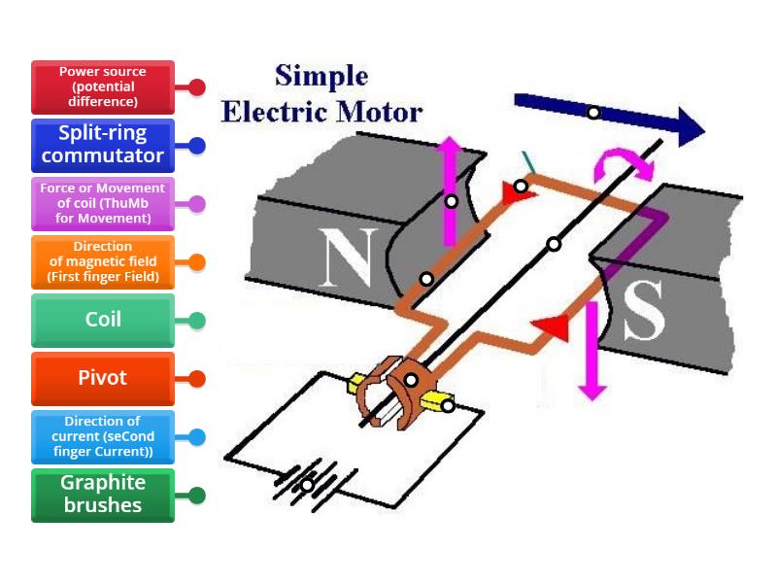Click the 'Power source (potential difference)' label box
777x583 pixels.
coord(102,87)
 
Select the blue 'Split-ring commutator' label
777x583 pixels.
coord(102,146)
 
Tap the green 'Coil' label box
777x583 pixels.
coord(102,321)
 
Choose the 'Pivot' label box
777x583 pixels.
coord(102,379)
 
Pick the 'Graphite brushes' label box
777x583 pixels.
coord(102,496)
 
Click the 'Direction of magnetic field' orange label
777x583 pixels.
coord(102,262)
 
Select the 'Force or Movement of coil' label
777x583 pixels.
coord(102,204)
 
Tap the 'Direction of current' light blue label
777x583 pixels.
coord(102,437)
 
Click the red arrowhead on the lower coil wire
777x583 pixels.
coord(554,327)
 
